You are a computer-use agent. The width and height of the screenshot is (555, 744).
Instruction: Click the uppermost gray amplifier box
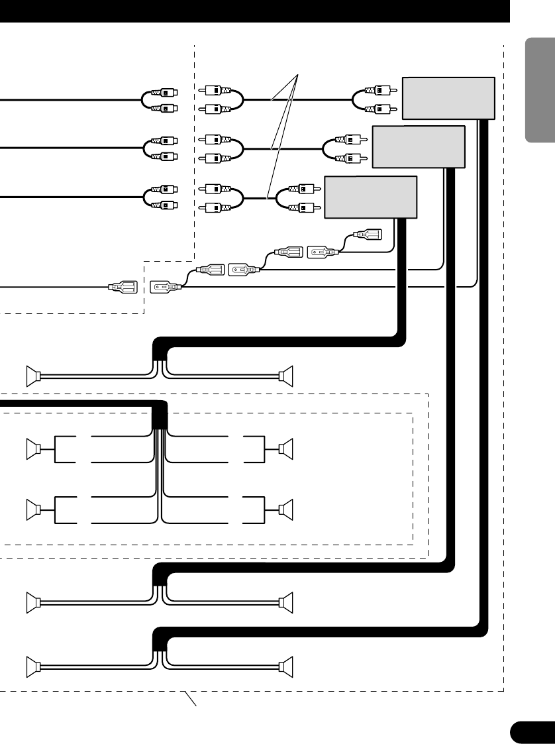(448, 98)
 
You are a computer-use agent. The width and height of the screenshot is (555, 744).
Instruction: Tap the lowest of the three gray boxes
(370, 197)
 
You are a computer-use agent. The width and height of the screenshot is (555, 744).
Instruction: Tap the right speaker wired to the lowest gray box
(286, 376)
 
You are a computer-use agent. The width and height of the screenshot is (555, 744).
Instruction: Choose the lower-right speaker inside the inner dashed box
(286, 509)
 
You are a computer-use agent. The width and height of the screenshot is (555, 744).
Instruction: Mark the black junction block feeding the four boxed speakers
(160, 416)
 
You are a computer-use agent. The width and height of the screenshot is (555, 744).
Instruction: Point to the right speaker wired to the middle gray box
(286, 602)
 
